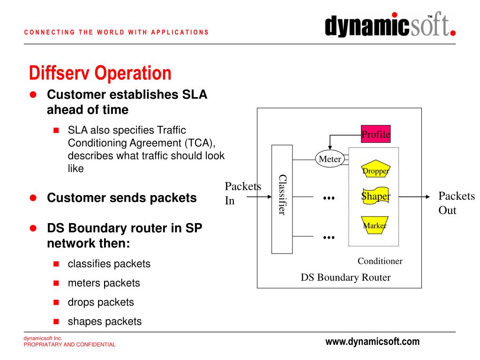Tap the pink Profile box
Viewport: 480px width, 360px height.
click(375, 135)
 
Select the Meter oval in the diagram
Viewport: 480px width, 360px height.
click(330, 159)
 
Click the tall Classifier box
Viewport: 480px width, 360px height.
click(282, 199)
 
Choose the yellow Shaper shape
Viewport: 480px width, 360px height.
click(375, 196)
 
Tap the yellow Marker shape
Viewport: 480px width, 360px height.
click(375, 225)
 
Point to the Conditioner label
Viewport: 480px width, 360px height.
click(380, 261)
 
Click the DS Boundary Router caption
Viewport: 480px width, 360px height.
click(345, 277)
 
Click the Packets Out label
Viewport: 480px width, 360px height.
click(456, 202)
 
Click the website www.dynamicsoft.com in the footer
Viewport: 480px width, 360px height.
click(372, 342)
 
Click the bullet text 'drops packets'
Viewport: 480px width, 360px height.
click(101, 302)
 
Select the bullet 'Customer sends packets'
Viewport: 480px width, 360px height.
click(121, 198)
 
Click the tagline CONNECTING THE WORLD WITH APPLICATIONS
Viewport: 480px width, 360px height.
click(116, 32)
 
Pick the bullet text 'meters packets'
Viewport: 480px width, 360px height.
click(104, 283)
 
